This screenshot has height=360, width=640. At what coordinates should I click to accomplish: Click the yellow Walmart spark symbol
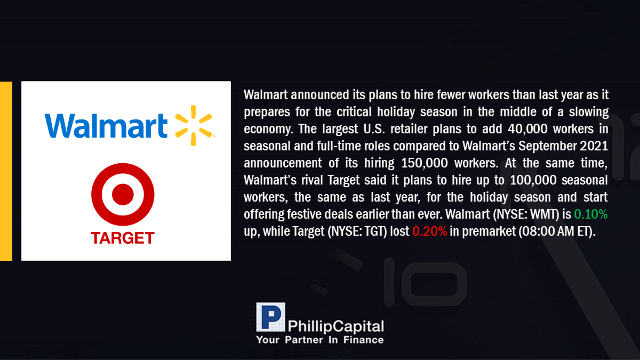coord(194,125)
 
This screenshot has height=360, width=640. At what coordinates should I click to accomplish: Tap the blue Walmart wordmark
coord(106,126)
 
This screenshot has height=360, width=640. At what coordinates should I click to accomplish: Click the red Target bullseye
coord(123,194)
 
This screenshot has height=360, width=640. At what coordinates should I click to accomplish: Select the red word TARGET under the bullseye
coord(123,238)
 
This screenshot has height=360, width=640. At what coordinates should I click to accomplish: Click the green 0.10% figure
coord(590,214)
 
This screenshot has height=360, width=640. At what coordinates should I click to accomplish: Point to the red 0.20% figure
coord(429,231)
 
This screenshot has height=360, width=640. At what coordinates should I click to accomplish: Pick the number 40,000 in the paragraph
coord(527,129)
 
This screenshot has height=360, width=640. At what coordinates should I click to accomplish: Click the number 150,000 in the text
coord(425,163)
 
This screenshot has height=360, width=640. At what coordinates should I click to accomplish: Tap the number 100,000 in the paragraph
coord(533,180)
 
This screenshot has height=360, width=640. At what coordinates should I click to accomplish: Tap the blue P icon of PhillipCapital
coord(270,317)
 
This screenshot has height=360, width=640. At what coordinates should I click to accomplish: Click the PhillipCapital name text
coord(335,326)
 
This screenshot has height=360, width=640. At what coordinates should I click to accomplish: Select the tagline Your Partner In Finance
coord(320,340)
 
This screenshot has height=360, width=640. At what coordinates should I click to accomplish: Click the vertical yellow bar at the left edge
coord(6,171)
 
